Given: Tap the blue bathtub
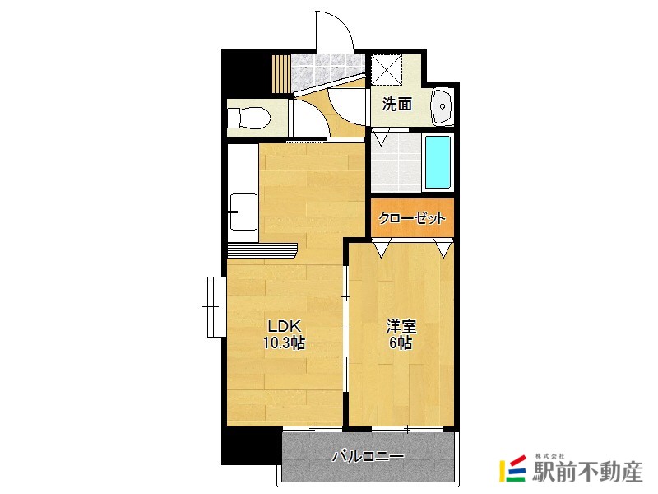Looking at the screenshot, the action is click(438, 161).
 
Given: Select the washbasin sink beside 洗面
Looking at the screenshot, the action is click(442, 107).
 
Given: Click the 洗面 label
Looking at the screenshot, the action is click(397, 104).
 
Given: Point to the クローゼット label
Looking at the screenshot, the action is click(411, 218).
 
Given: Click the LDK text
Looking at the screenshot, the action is click(284, 326).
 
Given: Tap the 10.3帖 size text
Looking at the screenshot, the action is click(284, 343).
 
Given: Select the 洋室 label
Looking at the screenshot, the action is click(401, 326).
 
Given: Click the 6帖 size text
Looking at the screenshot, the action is click(401, 343).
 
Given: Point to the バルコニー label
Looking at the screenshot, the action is click(368, 456).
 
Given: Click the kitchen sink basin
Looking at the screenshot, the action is click(243, 212).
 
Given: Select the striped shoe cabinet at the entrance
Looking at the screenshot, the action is click(281, 73).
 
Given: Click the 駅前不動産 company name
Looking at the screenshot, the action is click(587, 472).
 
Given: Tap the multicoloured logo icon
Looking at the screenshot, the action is click(512, 468).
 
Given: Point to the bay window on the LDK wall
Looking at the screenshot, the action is click(216, 306).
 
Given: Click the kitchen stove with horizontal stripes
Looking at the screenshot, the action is click(262, 250).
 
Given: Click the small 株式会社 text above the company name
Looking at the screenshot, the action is click(550, 456).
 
